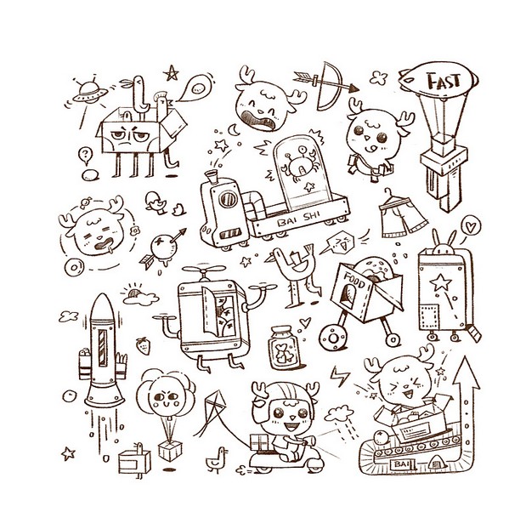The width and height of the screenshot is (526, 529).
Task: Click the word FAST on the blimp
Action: (444, 81)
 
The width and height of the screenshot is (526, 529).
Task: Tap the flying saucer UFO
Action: (90, 92)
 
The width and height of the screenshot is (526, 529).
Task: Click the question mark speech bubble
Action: (85, 156)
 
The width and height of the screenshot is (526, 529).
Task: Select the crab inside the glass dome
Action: (298, 164)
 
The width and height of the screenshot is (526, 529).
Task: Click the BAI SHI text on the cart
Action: (298, 219)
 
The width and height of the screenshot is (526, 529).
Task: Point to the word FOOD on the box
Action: (354, 279)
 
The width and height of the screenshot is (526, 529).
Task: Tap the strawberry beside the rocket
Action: (144, 345)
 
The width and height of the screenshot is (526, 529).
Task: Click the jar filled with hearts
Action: (284, 348)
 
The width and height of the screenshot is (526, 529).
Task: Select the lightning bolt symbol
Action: (339, 376)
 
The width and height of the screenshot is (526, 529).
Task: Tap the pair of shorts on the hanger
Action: (402, 215)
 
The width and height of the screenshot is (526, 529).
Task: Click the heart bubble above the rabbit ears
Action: (471, 225)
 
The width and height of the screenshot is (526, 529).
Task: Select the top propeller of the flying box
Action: (204, 270)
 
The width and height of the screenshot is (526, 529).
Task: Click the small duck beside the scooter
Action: (217, 459)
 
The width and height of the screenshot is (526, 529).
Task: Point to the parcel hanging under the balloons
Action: (170, 450)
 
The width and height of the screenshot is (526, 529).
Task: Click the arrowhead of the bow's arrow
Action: (353, 88)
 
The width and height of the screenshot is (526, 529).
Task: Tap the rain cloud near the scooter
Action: (340, 413)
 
